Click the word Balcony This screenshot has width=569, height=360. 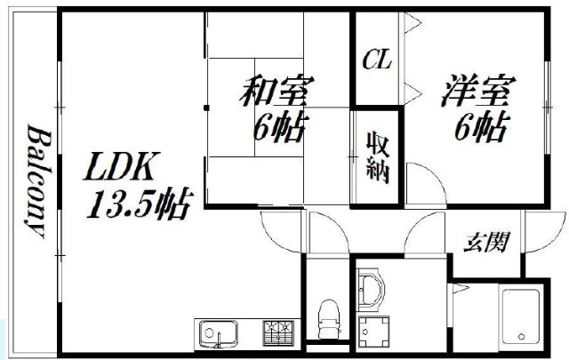pyautogui.click(x=39, y=180)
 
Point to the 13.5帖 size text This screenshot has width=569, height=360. pyautogui.click(x=140, y=204)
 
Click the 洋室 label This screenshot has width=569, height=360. pyautogui.click(x=478, y=91)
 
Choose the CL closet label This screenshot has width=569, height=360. pyautogui.click(x=377, y=60)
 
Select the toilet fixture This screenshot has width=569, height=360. pyautogui.click(x=329, y=318)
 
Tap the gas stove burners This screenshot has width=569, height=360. pyautogui.click(x=278, y=332)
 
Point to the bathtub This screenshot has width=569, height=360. pyautogui.click(x=521, y=316)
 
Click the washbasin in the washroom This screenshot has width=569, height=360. pyautogui.click(x=370, y=289)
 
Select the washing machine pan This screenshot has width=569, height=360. pyautogui.click(x=373, y=332)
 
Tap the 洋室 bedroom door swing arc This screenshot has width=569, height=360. pyautogui.click(x=434, y=174)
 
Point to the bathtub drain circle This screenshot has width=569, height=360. pyautogui.click(x=522, y=336)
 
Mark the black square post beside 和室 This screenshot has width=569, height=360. pyautogui.click(x=206, y=108)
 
